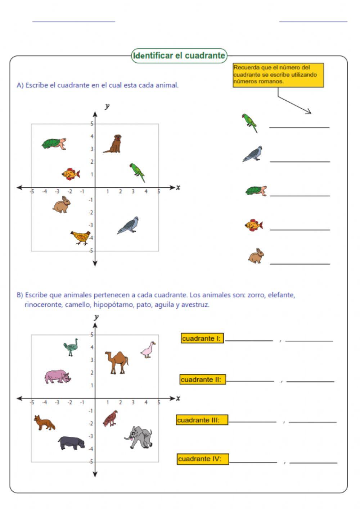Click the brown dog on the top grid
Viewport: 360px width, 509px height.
[114, 144]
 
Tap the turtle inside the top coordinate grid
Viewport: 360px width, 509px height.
[54, 144]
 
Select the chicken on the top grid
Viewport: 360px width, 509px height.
[81, 237]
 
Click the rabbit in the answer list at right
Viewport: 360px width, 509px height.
[256, 256]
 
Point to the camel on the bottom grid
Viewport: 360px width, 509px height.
[117, 362]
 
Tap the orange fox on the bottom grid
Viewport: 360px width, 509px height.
[44, 423]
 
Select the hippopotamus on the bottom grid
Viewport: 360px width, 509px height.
[72, 443]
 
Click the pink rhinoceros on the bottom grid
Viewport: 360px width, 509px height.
[58, 376]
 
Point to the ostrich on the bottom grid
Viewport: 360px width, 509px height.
[71, 347]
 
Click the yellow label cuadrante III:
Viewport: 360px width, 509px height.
[202, 420]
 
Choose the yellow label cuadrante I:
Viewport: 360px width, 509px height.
[202, 338]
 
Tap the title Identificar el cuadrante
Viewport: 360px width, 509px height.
[179, 56]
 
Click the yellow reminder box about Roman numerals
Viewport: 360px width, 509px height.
[278, 75]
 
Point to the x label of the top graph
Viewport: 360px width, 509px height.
[178, 187]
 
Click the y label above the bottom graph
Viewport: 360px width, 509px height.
[96, 317]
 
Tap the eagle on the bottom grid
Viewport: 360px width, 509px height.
[110, 418]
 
